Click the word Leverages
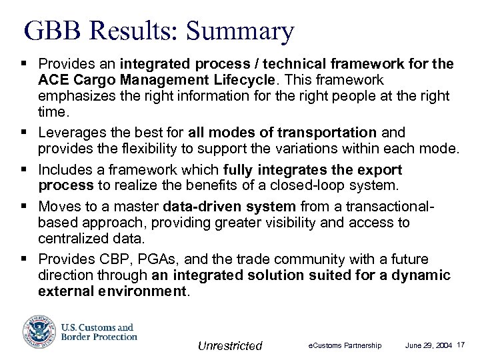70,133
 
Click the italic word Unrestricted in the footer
230,345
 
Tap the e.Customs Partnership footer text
345,345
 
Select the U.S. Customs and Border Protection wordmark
99,332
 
